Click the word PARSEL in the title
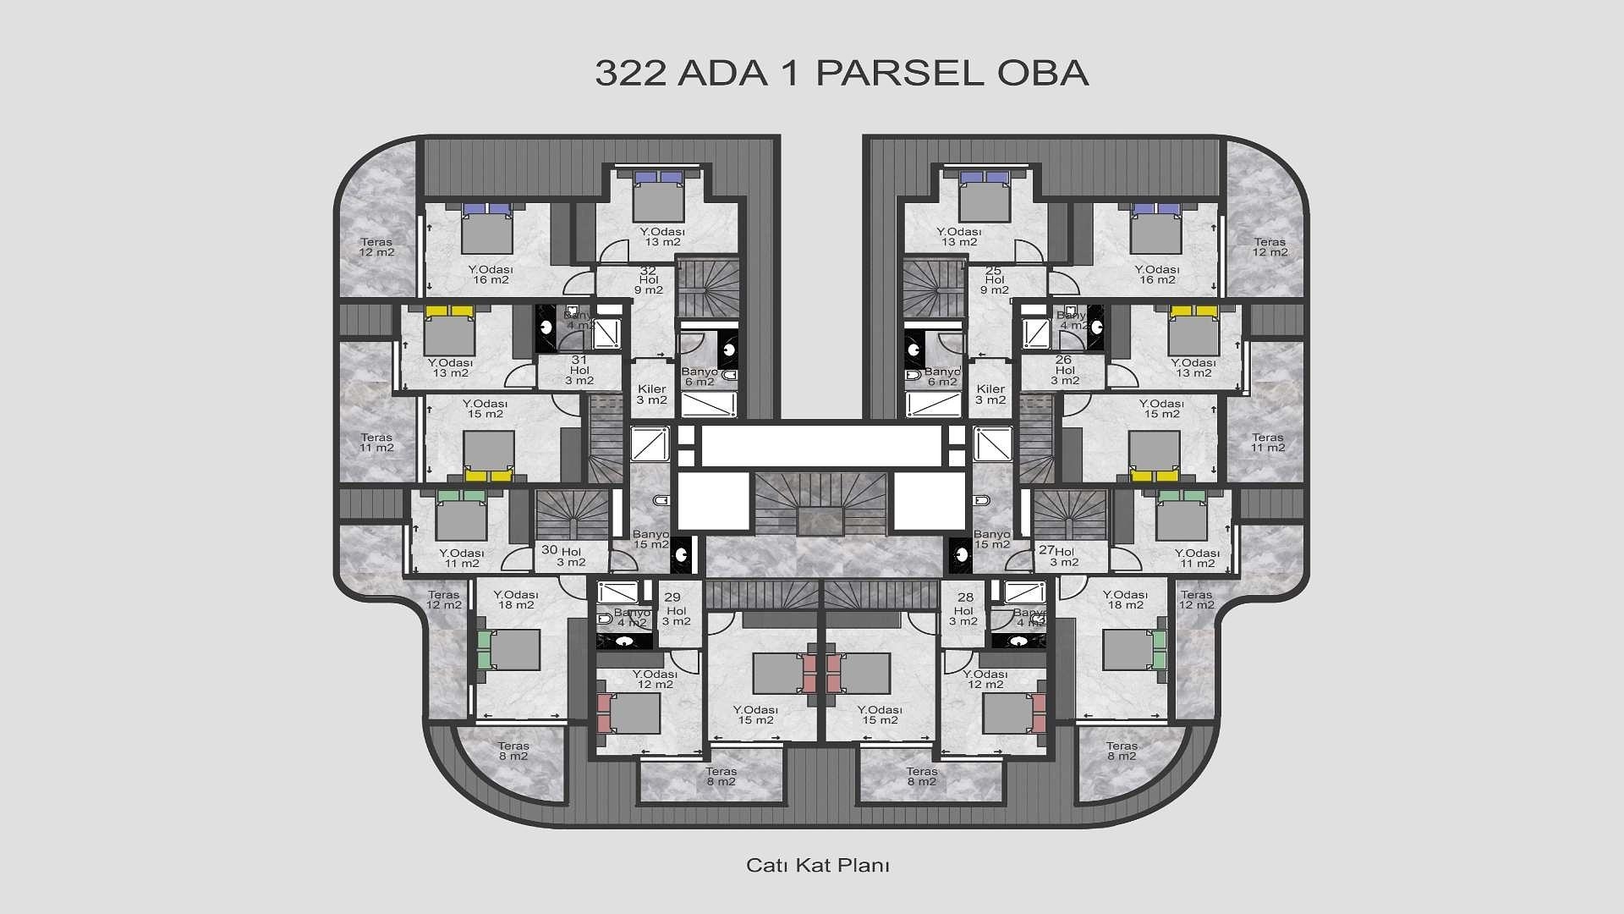[x=900, y=73]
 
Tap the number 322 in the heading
[x=631, y=73]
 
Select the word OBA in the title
[x=1042, y=73]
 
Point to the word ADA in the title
[x=722, y=73]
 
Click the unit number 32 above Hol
[x=648, y=271]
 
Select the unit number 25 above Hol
[x=994, y=271]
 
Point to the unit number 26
[x=1063, y=360]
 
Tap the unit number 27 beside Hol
[x=1046, y=550]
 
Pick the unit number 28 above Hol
[x=965, y=597]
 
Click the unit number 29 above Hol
[x=672, y=597]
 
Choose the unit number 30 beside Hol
[x=549, y=550]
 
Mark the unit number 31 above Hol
[x=579, y=360]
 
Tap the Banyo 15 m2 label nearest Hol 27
[x=992, y=539]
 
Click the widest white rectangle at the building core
[x=821, y=445]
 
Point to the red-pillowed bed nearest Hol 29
[x=629, y=713]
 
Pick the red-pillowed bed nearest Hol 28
[x=1013, y=713]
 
